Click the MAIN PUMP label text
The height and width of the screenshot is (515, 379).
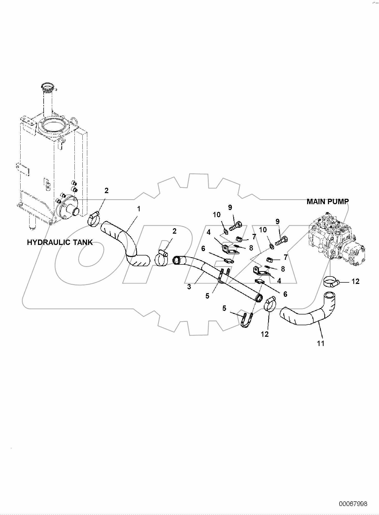point(328,202)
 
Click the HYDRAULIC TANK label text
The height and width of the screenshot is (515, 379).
point(60,242)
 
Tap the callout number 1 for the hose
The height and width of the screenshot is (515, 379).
point(139,209)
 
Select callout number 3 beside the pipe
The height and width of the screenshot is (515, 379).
point(189,287)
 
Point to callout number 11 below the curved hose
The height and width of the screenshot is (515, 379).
point(321,343)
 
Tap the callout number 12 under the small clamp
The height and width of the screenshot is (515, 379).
point(265,334)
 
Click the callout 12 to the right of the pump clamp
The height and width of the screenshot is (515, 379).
point(355,281)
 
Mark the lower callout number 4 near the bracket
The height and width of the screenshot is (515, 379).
point(279,281)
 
